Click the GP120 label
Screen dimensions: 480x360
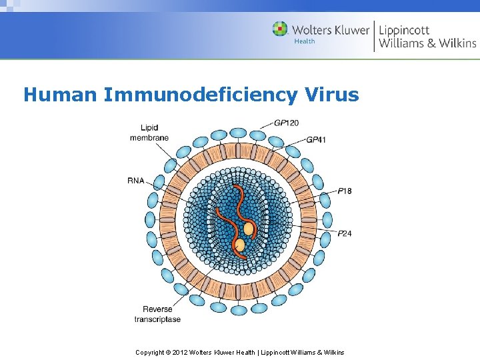pos(286,123)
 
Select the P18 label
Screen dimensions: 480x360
pos(345,191)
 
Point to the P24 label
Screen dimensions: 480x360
pos(345,233)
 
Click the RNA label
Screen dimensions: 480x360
pos(136,180)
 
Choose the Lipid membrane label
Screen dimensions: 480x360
pos(149,133)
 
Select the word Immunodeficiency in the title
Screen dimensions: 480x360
pos(201,95)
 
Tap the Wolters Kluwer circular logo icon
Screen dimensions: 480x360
pos(280,29)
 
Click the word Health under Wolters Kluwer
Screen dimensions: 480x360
pos(304,41)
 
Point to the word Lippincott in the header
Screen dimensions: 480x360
pos(404,30)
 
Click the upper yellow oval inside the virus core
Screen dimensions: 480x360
pos(249,229)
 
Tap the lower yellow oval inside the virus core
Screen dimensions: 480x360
pos(239,245)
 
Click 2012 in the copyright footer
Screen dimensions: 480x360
pos(181,352)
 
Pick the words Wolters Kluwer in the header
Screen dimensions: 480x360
pos(331,30)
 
